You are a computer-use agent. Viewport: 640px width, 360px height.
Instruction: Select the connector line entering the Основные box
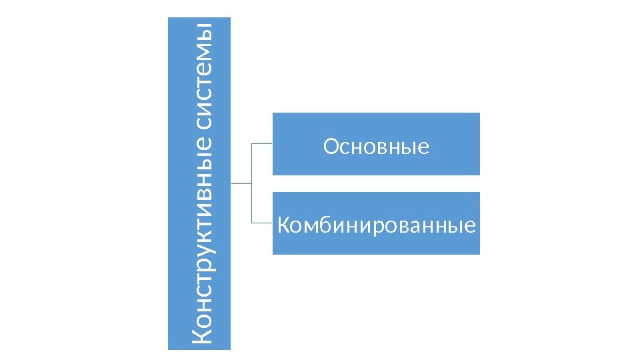point(262,143)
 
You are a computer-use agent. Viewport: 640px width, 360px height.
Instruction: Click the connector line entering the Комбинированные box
point(262,222)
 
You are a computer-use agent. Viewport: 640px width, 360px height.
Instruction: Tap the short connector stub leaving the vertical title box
point(241,183)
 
